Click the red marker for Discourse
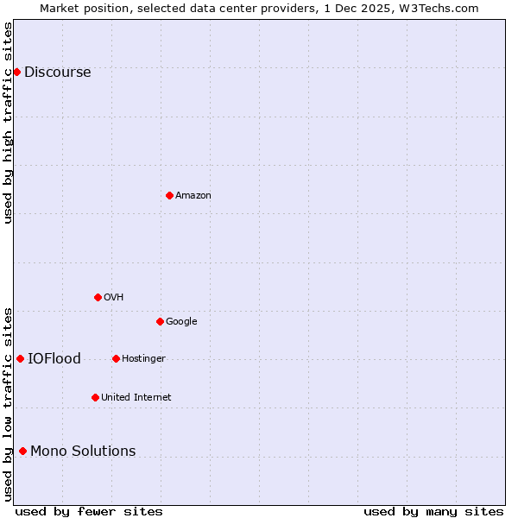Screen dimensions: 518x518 coord(16,72)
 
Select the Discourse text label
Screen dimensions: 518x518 coord(57,73)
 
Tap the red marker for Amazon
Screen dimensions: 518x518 coord(169,195)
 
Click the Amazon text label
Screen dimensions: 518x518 coord(193,196)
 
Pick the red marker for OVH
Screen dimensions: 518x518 coord(98,297)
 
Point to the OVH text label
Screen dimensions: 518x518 coord(113,298)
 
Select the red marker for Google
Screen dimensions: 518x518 coord(160,321)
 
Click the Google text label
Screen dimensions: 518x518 coord(181,322)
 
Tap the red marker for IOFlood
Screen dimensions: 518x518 coord(20,358)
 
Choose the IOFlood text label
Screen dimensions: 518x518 coord(54,359)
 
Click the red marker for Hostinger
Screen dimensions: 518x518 coord(116,358)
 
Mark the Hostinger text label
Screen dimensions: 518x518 coord(143,359)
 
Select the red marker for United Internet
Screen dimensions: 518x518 coord(95,397)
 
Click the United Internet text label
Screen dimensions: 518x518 coord(136,398)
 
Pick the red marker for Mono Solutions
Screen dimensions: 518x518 coord(22,451)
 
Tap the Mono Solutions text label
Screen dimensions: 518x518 coord(83,452)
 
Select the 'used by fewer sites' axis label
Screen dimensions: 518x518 coord(89,511)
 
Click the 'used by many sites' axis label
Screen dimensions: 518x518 coord(433,511)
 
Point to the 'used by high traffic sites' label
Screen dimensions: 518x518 coord(8,123)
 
